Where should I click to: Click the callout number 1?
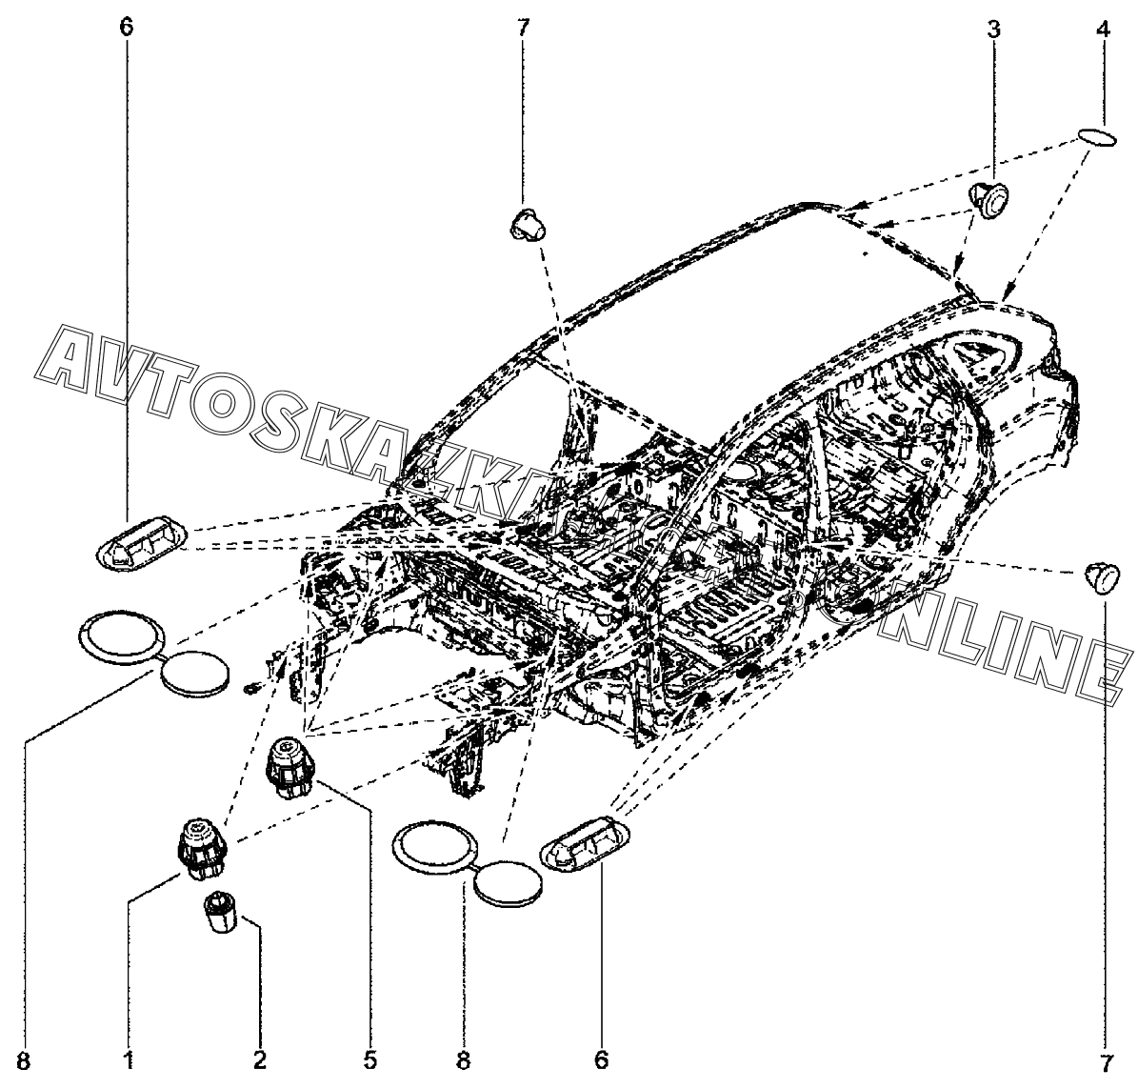point(128,1058)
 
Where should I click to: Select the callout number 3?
point(993,29)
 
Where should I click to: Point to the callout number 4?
point(1103,29)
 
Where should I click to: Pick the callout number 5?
point(370,1058)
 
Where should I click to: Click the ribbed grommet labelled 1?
point(197,846)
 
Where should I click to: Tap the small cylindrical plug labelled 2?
point(220,916)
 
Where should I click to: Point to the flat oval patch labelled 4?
point(1098,136)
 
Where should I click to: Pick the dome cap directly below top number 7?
point(526,225)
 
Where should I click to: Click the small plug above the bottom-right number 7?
point(1102,577)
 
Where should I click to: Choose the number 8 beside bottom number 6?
point(464,1058)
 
